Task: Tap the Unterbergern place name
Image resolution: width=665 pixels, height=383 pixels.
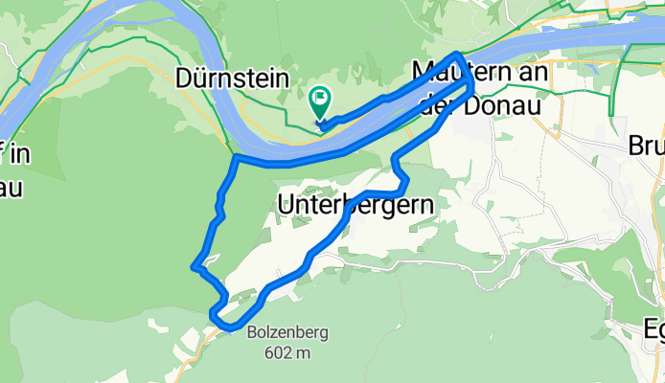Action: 354,204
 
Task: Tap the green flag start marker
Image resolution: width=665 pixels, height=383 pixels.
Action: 319,100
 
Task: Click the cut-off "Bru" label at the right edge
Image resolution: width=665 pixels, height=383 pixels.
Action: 646,146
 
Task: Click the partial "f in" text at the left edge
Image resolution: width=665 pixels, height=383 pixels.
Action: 11,155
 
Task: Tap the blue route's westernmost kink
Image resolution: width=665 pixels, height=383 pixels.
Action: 195,266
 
